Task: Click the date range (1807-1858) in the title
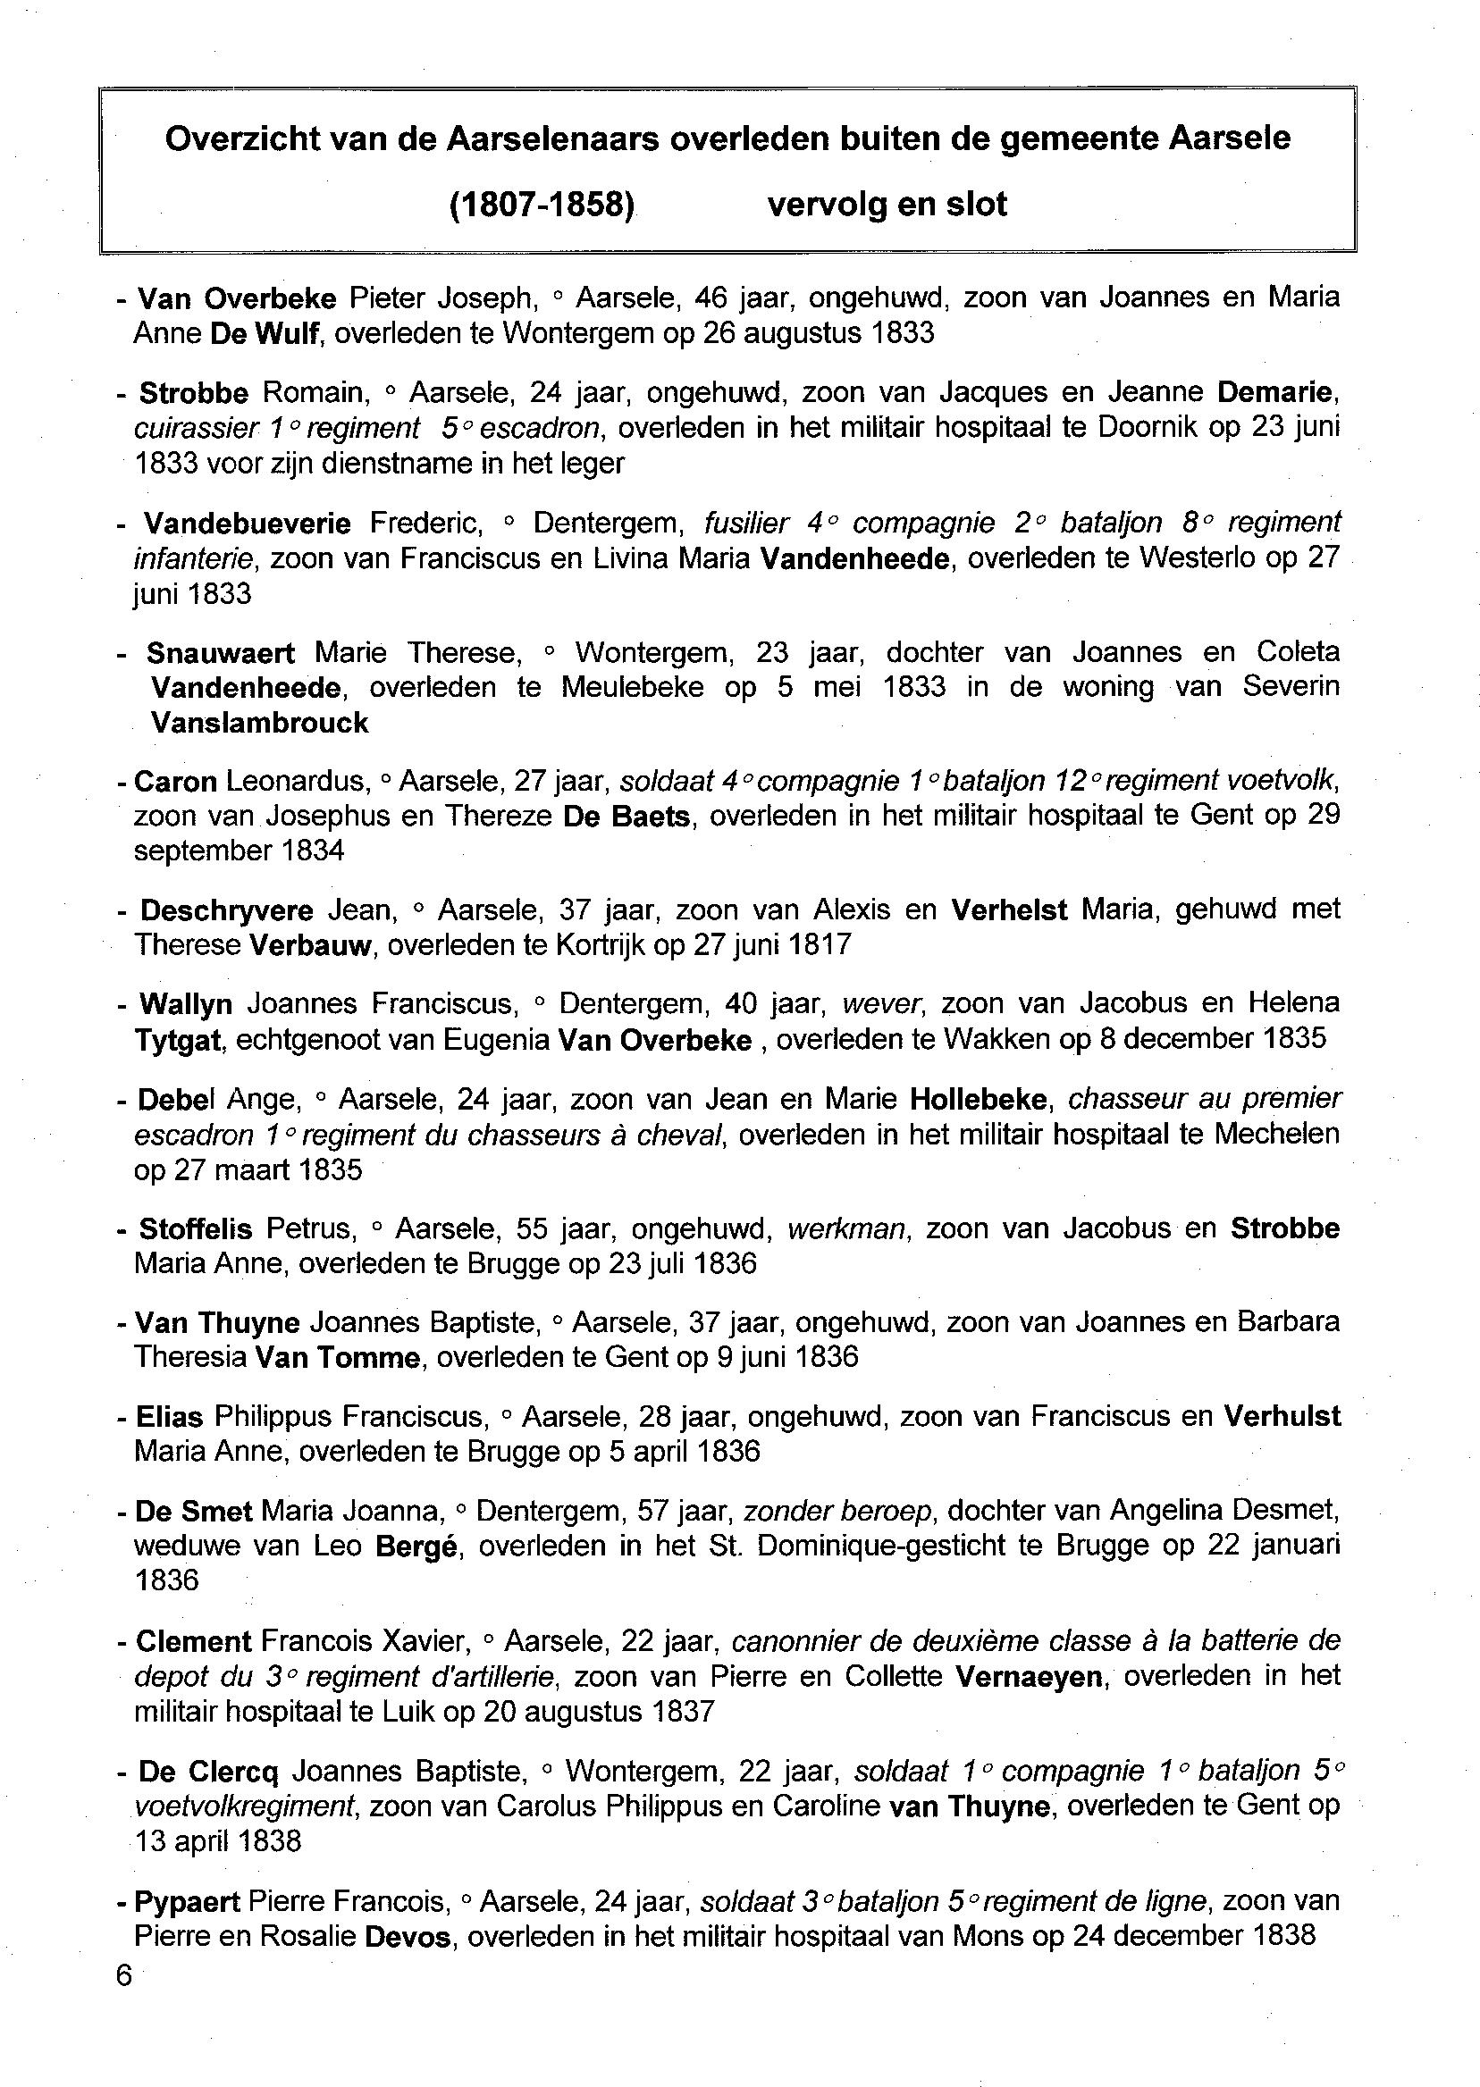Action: click(542, 204)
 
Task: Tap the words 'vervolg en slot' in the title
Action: click(887, 204)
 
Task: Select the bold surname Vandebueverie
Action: click(247, 523)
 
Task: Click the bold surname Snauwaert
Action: click(221, 652)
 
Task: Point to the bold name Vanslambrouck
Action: click(260, 723)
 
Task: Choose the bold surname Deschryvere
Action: click(226, 910)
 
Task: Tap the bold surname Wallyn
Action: click(185, 1004)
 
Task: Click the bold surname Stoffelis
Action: click(195, 1228)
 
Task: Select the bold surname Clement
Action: click(193, 1641)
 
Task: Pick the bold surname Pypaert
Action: click(187, 1901)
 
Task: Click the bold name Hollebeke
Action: click(978, 1100)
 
